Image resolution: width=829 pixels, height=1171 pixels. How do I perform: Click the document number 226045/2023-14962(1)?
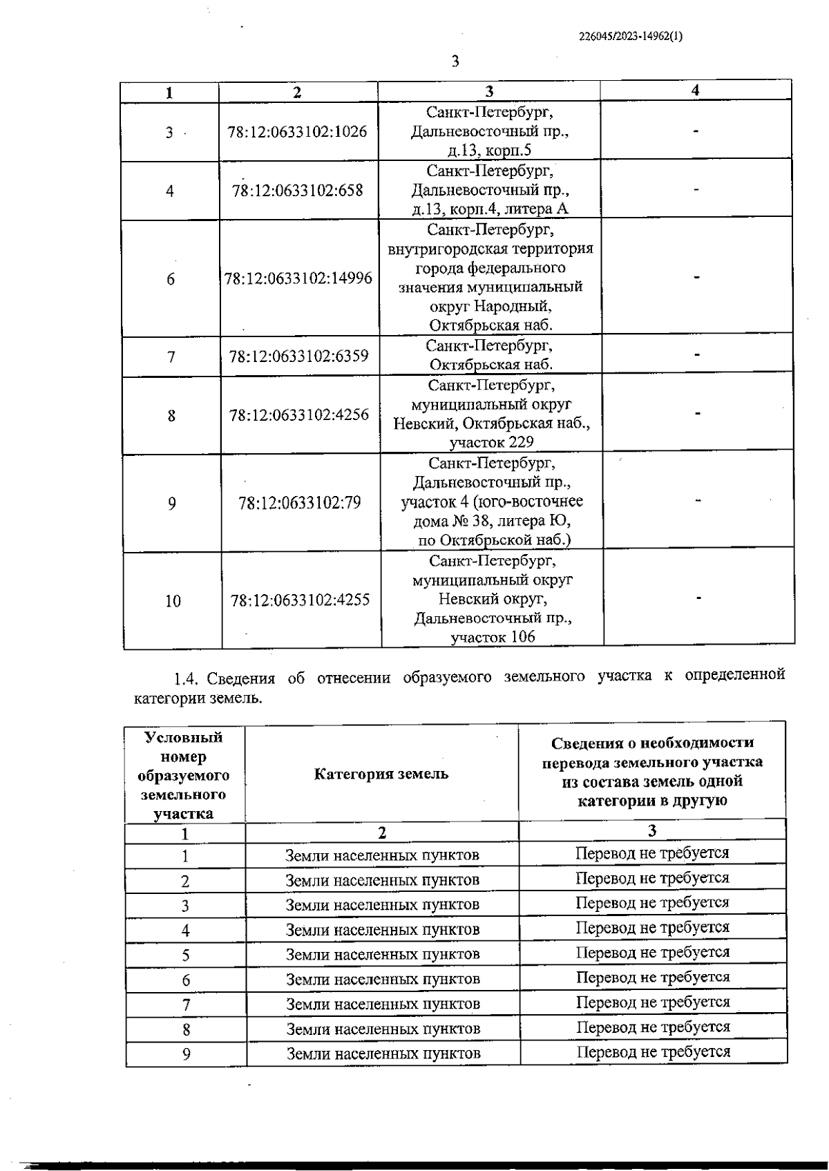pos(630,37)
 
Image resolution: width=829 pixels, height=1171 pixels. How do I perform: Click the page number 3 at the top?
pos(455,61)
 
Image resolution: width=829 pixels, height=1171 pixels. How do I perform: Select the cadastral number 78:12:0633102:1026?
pos(297,132)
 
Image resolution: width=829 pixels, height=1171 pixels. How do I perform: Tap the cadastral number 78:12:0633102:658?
pos(297,191)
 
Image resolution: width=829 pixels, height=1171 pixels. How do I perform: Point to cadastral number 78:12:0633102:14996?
pos(298,278)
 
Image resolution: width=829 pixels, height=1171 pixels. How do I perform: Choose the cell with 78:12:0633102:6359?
pos(298,356)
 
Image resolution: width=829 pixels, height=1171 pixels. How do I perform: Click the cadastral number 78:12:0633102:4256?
pos(299,415)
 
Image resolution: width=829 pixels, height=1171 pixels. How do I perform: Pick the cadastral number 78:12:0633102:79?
pos(300,503)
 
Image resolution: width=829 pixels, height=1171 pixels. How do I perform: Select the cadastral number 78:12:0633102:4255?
pos(300,600)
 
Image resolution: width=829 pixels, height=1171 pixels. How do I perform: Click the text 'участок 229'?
pos(491,442)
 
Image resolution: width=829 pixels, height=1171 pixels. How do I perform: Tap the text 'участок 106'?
pos(493,637)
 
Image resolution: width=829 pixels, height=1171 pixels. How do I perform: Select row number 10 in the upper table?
pos(173,601)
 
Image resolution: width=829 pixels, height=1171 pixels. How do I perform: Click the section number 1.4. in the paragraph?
pos(187,678)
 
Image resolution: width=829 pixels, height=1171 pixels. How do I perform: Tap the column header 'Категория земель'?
pos(381,774)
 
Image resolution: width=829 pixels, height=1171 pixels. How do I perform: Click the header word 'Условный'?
pos(184,737)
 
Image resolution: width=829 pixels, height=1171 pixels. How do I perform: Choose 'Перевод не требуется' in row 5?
pos(653,953)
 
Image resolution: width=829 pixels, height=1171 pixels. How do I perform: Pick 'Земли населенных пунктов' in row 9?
pos(383,1054)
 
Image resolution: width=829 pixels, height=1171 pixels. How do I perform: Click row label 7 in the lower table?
pos(186,1005)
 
